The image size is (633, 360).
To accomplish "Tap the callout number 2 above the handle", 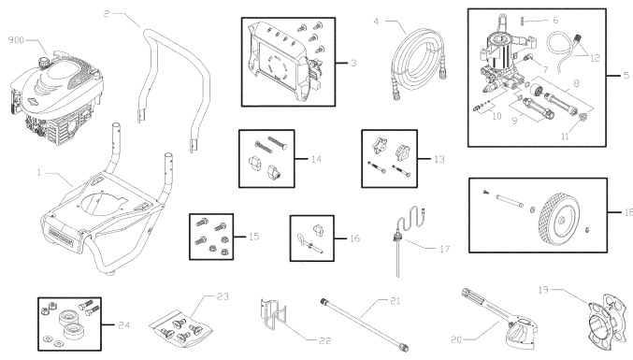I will coord(107,14).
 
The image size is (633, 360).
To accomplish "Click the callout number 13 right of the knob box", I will coord(439,160).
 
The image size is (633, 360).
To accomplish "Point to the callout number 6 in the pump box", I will coord(581,20).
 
